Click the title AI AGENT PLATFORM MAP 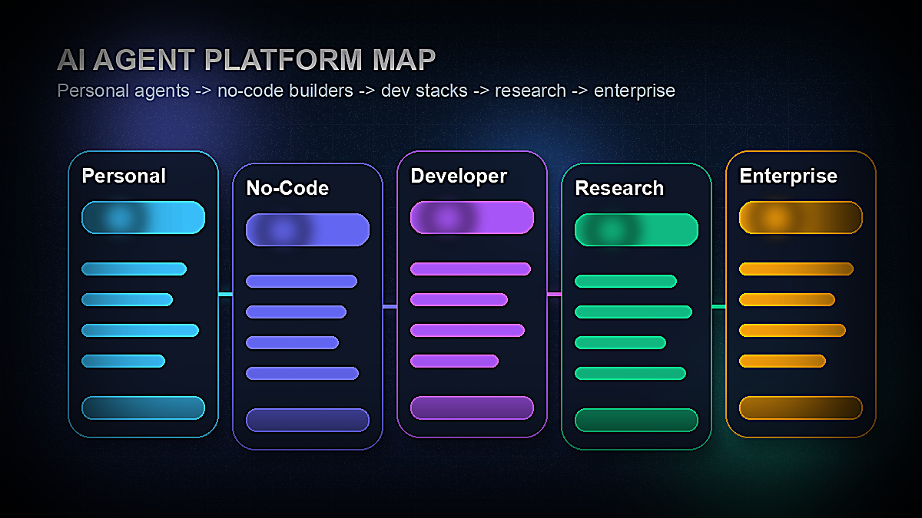247,60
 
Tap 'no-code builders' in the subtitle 285,91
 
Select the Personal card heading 124,176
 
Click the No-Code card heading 287,188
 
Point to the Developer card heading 459,176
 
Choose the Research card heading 619,188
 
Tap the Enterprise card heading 788,176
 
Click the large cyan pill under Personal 143,217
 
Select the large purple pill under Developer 472,217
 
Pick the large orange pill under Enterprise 801,217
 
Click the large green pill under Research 636,229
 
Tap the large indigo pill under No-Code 307,229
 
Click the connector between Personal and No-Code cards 225,294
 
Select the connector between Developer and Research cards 554,294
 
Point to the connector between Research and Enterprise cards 718,306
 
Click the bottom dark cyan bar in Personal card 143,407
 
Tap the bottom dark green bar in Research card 636,420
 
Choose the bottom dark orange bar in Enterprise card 801,407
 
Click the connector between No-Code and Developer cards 390,306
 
